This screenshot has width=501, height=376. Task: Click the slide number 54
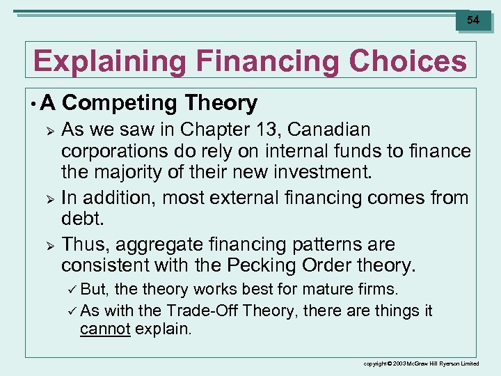click(473, 20)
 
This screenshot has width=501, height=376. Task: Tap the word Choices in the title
click(408, 61)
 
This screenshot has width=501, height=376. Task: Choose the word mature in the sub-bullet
click(326, 290)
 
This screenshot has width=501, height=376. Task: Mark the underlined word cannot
click(104, 329)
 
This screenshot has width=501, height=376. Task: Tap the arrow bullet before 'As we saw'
click(49, 130)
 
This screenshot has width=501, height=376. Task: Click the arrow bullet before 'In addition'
click(49, 198)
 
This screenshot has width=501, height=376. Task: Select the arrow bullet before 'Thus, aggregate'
click(49, 245)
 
